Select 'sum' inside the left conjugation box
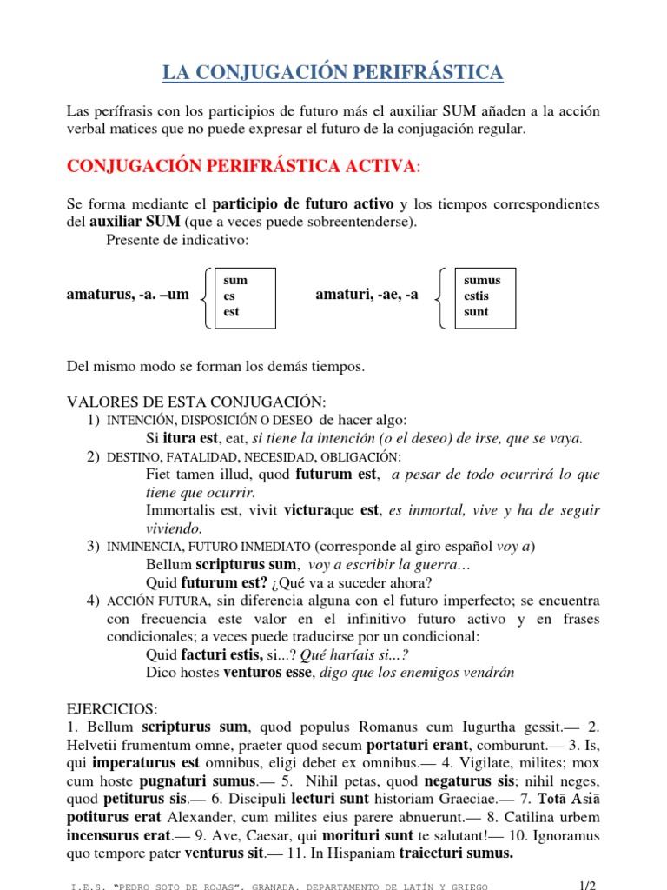235,280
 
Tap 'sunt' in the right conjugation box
477,311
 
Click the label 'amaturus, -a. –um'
128,295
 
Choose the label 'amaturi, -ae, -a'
367,295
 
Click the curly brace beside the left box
204,297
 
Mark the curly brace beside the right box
443,297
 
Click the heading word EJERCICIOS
109,709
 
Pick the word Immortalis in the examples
181,510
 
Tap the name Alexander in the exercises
197,817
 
